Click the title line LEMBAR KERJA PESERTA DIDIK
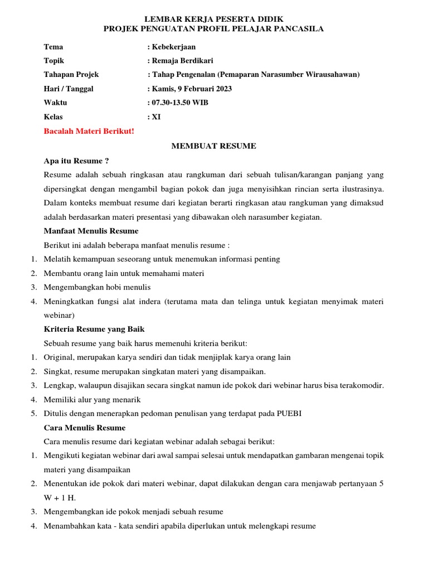point(214,19)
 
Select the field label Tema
point(53,47)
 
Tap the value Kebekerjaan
point(173,47)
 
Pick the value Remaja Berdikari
point(182,61)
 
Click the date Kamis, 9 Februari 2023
point(192,89)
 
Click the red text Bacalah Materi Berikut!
point(89,132)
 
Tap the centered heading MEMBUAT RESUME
point(213,146)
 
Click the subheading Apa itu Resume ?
point(76,161)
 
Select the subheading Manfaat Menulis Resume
point(91,231)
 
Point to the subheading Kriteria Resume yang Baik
point(94,329)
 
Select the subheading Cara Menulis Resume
point(85,428)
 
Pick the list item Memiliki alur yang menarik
point(92,399)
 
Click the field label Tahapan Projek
point(71,75)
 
